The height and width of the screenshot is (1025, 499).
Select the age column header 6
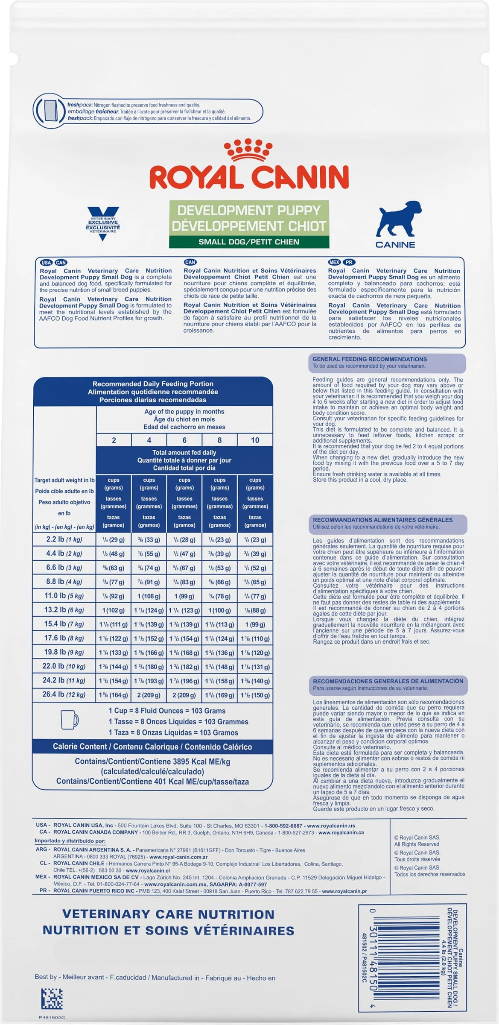[x=184, y=440]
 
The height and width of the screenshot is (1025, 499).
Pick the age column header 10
[x=255, y=440]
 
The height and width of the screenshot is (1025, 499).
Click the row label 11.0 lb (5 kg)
[x=64, y=596]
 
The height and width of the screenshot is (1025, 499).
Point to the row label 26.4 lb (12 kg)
[x=64, y=694]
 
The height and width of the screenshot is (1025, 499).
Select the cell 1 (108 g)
[x=149, y=596]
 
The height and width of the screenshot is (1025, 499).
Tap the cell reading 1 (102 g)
[x=114, y=610]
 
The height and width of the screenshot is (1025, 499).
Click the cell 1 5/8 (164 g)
[x=114, y=695]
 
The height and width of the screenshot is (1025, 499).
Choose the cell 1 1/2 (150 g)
[x=255, y=695]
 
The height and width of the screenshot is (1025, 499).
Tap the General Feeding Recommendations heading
[x=370, y=359]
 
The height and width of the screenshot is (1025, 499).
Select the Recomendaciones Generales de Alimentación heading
[x=388, y=681]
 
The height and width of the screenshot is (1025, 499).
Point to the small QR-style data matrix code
[x=52, y=999]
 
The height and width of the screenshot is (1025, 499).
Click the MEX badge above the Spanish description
[x=334, y=262]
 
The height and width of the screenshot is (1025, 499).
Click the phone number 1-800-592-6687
[x=283, y=826]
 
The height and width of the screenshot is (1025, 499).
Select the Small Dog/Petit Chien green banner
[x=249, y=242]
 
